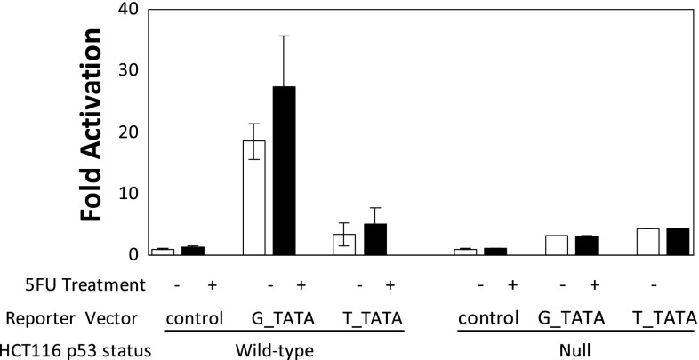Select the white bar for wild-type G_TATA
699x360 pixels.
pyautogui.click(x=254, y=197)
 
